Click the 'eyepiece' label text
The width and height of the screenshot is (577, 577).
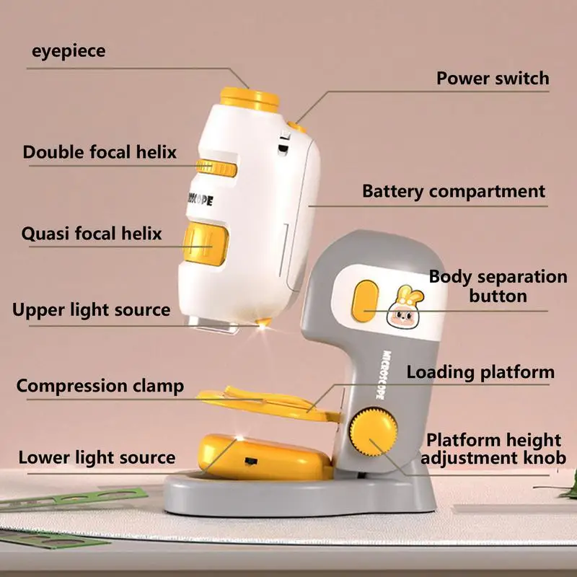(x=69, y=51)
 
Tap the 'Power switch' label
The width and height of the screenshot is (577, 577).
(x=493, y=78)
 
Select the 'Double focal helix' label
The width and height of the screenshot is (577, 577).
(x=100, y=152)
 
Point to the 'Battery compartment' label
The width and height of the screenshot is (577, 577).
(x=454, y=191)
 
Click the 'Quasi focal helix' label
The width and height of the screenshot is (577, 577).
(x=92, y=233)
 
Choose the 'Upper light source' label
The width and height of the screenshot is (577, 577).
(x=92, y=310)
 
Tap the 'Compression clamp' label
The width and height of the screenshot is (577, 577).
(x=100, y=386)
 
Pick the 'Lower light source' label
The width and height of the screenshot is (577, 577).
(x=97, y=457)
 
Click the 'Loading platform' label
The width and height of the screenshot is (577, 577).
(x=480, y=372)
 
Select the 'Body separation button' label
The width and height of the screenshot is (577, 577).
(x=498, y=286)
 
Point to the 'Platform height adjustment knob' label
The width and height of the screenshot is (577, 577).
(x=493, y=449)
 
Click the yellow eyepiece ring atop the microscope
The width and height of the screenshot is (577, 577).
(x=250, y=98)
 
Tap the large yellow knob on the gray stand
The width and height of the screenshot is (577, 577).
(x=374, y=431)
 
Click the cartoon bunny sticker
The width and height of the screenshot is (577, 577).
(x=405, y=305)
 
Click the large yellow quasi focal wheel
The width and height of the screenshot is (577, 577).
(x=206, y=243)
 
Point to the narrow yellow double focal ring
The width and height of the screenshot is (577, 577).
(x=216, y=168)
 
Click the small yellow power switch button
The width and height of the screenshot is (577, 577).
(x=298, y=126)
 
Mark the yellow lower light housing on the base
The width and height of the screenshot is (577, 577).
(x=264, y=457)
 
